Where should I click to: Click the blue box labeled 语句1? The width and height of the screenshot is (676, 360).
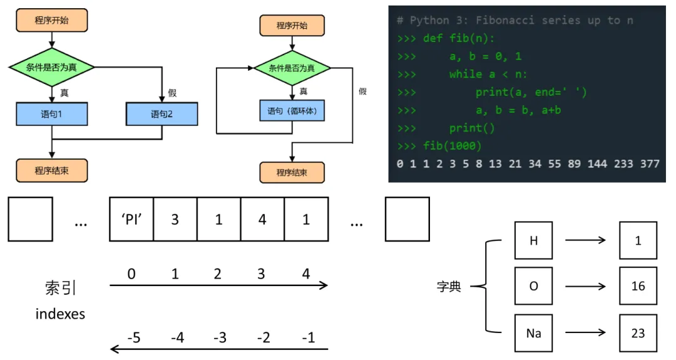point(52,114)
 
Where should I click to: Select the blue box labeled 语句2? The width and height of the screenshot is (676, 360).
point(161,114)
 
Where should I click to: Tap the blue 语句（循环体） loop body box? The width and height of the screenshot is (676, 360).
point(292,111)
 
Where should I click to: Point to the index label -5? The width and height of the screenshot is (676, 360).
point(133,338)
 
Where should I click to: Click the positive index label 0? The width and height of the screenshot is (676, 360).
point(131,274)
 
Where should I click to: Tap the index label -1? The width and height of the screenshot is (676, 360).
point(308,338)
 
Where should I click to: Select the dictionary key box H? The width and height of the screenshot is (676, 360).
point(533,240)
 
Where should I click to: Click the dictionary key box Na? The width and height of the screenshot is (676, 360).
point(533,333)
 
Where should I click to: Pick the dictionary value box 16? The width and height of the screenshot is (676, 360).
point(638,286)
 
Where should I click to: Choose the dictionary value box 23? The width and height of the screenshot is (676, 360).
point(638,333)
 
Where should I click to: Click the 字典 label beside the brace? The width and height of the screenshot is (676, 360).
point(449,287)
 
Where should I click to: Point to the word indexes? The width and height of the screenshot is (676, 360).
point(60,314)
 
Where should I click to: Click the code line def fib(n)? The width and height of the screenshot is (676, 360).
point(458,38)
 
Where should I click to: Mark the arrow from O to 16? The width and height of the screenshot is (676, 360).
point(585,287)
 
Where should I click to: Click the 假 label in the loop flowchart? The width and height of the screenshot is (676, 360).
point(362,91)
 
